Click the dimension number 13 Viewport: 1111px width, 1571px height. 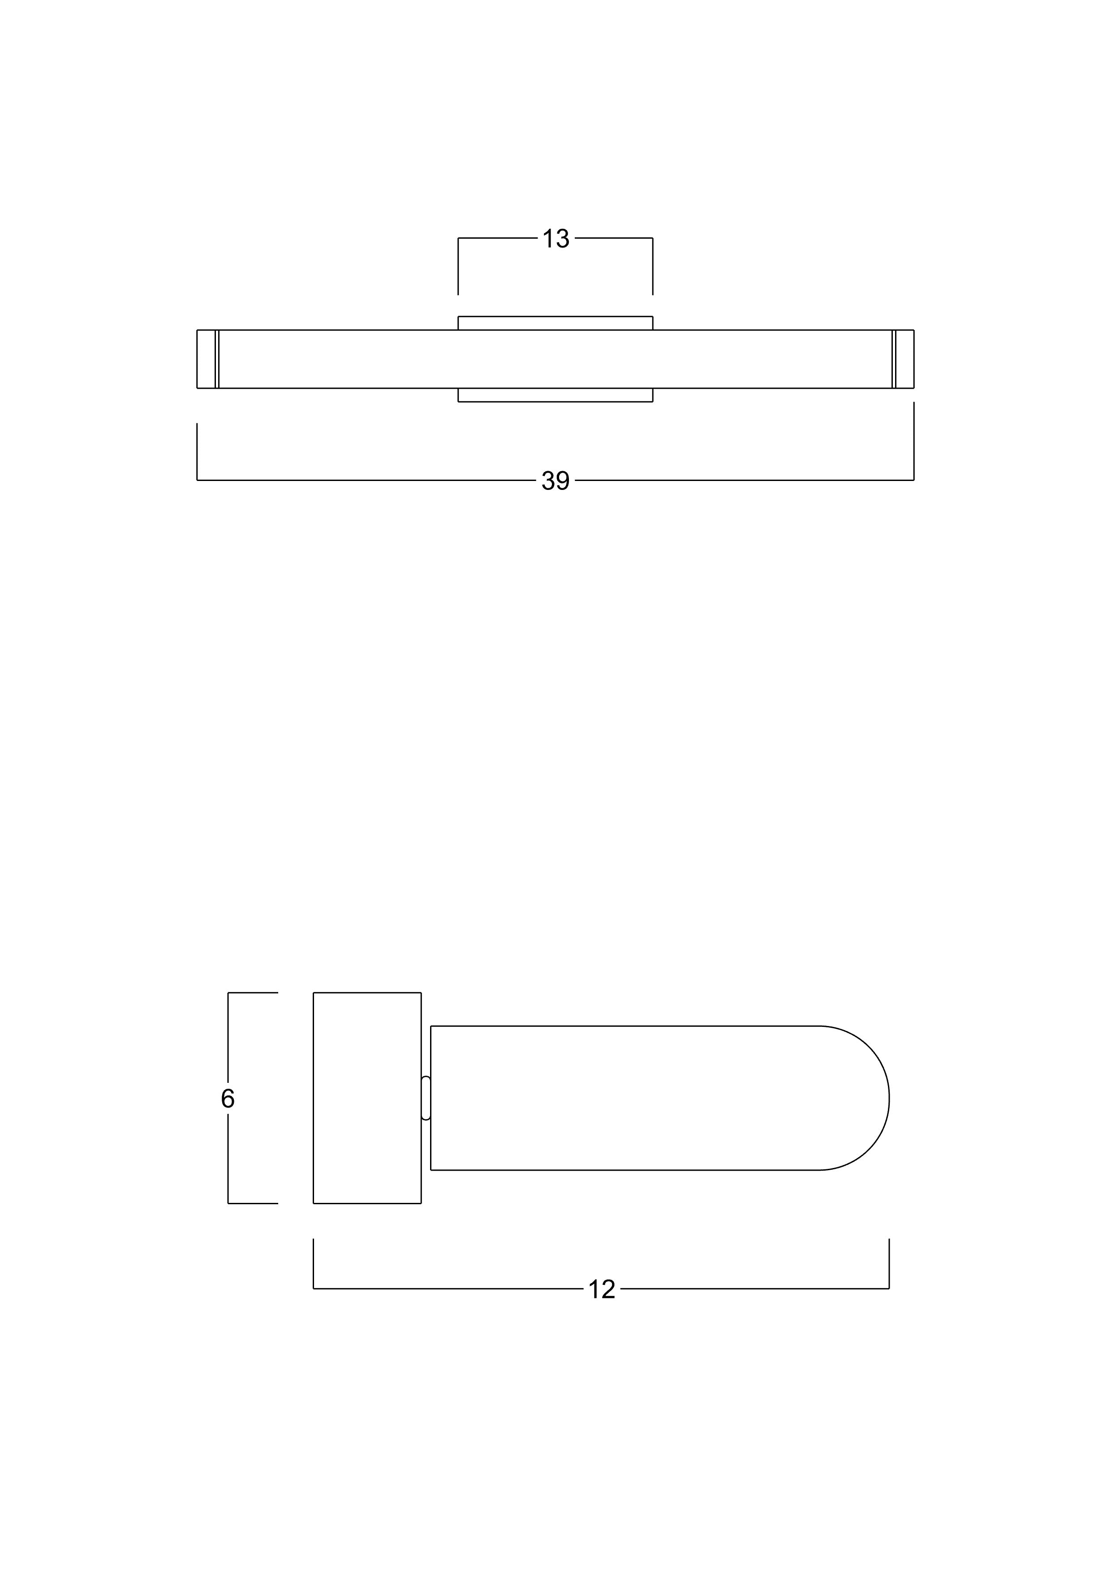[x=556, y=239]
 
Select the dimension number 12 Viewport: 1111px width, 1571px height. [x=602, y=1289]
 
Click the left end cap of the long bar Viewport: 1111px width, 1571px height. [x=206, y=359]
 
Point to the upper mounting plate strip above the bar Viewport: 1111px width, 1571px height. [x=555, y=323]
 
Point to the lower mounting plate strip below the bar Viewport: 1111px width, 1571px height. [x=555, y=395]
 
